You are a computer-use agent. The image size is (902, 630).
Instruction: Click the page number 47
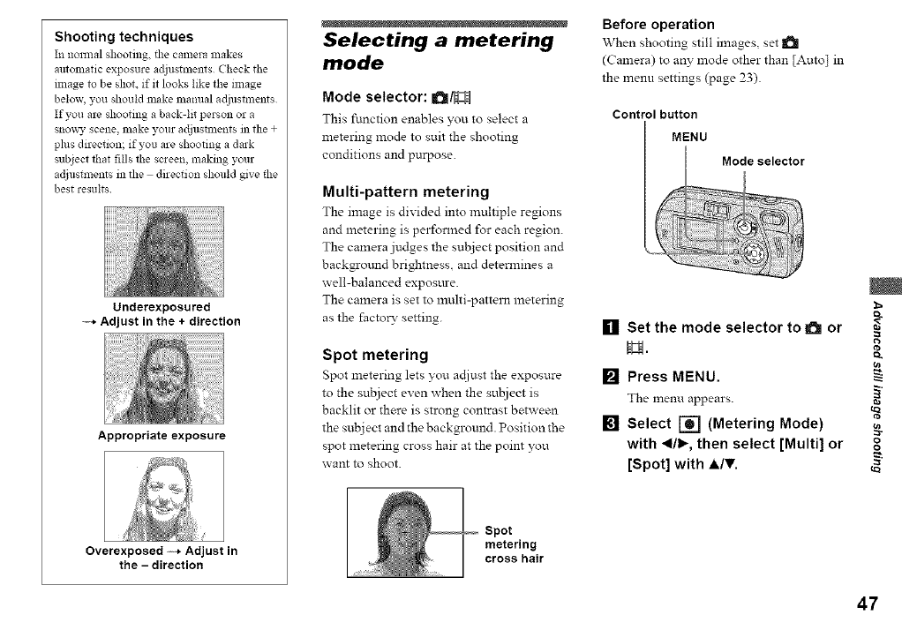(867, 604)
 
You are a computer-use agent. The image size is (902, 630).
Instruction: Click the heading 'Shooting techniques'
(124, 37)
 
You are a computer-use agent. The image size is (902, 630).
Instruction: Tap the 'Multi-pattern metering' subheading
(406, 191)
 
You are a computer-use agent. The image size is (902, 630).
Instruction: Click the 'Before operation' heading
(657, 24)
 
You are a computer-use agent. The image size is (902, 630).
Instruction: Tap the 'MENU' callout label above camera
(689, 138)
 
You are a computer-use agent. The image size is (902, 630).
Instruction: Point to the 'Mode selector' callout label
(763, 161)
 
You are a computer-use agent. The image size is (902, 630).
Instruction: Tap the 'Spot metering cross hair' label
(514, 544)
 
